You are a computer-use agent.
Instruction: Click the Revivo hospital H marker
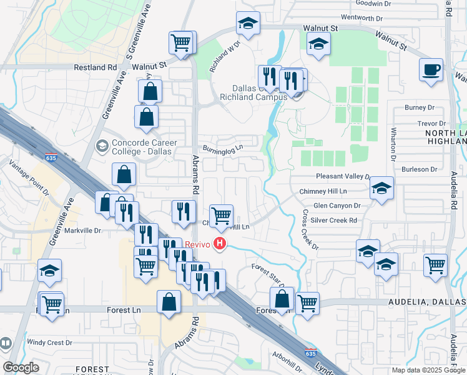point(220,244)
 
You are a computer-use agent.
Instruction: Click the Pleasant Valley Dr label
point(343,177)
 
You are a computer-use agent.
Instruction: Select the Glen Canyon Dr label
point(337,206)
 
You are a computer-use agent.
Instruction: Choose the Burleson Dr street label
point(419,169)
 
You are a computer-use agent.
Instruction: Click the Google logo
point(21,367)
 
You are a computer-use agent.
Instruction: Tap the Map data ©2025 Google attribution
point(428,370)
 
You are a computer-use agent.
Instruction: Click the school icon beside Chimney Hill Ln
point(381,187)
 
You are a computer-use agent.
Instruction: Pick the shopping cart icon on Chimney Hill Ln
point(222,216)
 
